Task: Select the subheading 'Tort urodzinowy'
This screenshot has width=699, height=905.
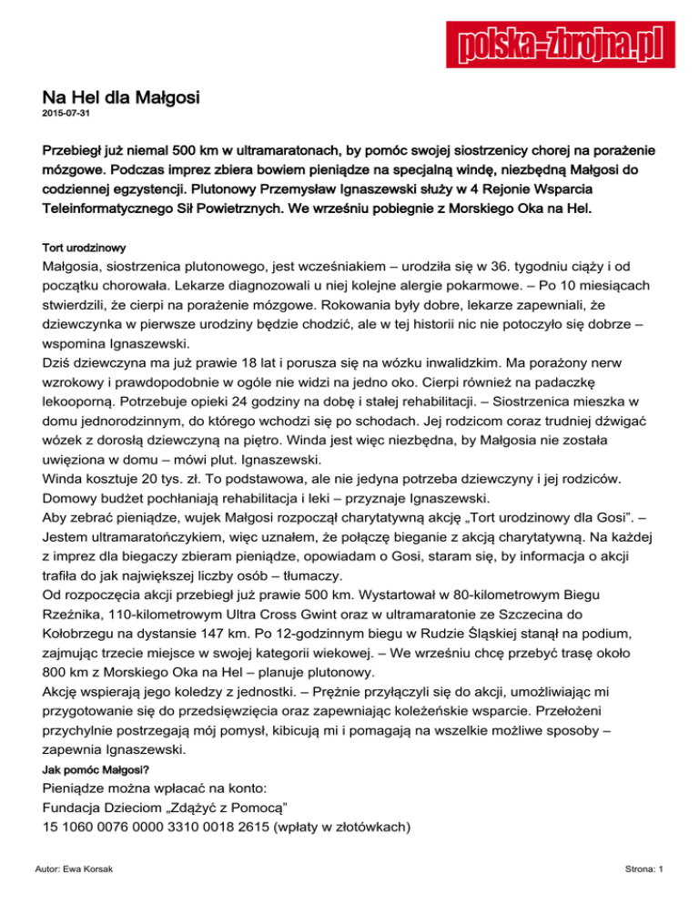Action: pyautogui.click(x=84, y=248)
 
